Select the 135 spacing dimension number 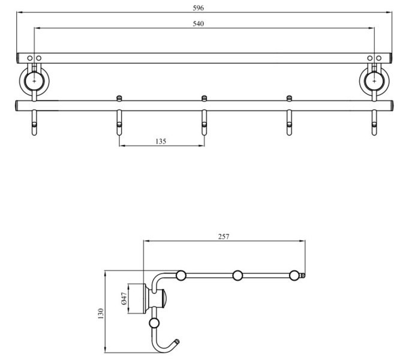tap(161, 142)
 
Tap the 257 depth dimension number tap(224, 237)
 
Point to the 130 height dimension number tap(101, 313)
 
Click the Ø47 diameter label tap(124, 299)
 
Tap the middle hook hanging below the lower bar tap(205, 123)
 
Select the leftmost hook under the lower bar tap(34, 123)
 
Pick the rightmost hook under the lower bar tap(375, 123)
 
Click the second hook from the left tap(119, 123)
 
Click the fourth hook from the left tap(290, 123)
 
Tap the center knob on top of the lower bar tap(205, 97)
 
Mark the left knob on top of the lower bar tap(119, 97)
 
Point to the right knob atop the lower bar tap(290, 97)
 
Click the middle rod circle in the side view tap(238, 275)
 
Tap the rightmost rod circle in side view tap(294, 275)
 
